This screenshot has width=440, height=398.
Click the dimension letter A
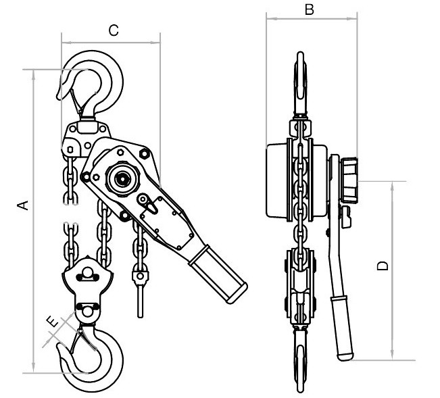(x=23, y=205)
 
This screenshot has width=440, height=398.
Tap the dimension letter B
(x=310, y=9)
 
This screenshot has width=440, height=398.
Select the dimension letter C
(x=114, y=30)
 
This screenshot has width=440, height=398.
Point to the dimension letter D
(x=383, y=266)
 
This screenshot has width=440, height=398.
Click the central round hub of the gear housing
(x=122, y=178)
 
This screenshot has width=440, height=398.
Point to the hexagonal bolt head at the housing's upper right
(x=144, y=153)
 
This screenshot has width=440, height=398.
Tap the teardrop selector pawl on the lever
(x=148, y=204)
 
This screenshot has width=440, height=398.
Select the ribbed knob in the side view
(x=350, y=180)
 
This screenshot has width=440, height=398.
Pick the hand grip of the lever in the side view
(x=342, y=328)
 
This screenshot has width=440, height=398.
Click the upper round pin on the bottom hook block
(x=88, y=274)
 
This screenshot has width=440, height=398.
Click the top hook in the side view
(x=300, y=84)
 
